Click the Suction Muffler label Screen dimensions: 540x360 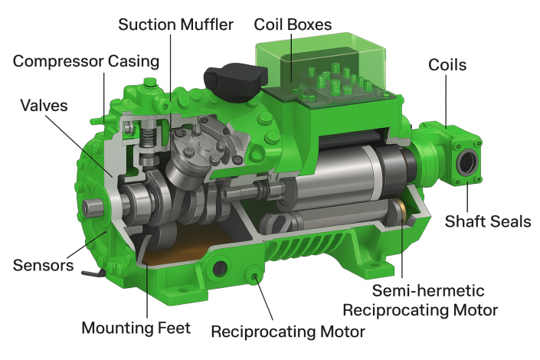click(x=175, y=25)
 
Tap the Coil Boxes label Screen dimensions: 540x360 click(x=293, y=25)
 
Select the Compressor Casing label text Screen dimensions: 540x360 click(x=86, y=61)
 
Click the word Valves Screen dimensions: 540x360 click(x=44, y=106)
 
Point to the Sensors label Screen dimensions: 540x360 click(x=43, y=265)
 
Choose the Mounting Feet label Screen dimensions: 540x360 click(x=136, y=328)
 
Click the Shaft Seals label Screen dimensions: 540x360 click(x=488, y=221)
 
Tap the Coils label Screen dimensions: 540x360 click(x=447, y=65)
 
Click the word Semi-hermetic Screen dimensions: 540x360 click(x=428, y=290)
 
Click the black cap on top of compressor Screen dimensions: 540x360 click(x=236, y=82)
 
